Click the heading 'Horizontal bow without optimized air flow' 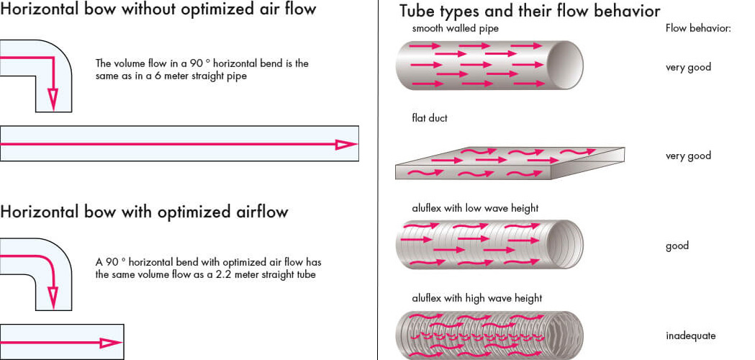[158, 10]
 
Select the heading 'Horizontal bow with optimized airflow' [144, 212]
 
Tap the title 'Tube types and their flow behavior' [530, 12]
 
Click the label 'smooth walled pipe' [455, 29]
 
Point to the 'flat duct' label [430, 118]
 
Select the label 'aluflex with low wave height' [475, 208]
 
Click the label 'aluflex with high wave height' [476, 298]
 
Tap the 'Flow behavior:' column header [698, 29]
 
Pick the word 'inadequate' [690, 336]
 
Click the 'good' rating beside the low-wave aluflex [677, 246]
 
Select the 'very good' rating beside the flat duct [688, 156]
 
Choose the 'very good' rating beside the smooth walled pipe [688, 67]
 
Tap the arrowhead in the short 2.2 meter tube [111, 343]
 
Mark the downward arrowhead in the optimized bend [53, 296]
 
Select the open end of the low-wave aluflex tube [568, 244]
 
